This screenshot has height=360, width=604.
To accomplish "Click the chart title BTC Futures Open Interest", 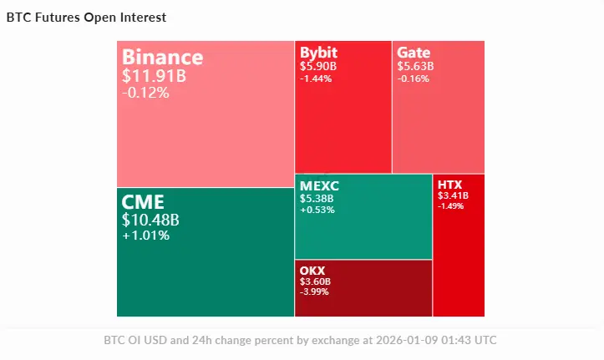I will coord(86,17).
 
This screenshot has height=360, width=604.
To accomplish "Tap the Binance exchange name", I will coord(162,57).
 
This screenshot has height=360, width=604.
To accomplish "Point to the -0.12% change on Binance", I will coord(145,93).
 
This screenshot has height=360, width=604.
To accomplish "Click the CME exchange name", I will coord(143,201).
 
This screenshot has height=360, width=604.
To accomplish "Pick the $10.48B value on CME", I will coord(150,220).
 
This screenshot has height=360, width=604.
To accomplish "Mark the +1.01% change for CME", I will coord(145,236).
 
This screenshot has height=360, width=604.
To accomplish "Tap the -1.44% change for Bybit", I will coord(316,79).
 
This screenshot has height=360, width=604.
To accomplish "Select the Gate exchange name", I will coord(414,53).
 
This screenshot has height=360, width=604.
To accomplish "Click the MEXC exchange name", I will coord(319,185).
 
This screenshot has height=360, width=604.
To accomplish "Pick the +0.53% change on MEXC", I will coord(317,210).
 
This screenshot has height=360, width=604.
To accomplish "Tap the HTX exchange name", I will coord(449,185).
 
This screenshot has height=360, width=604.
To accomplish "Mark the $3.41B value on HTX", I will coord(453,196).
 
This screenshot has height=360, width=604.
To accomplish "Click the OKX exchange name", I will coord(312,271).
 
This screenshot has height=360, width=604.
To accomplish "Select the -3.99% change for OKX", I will coord(315,292).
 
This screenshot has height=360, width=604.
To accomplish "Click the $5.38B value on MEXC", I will coord(317,199).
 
